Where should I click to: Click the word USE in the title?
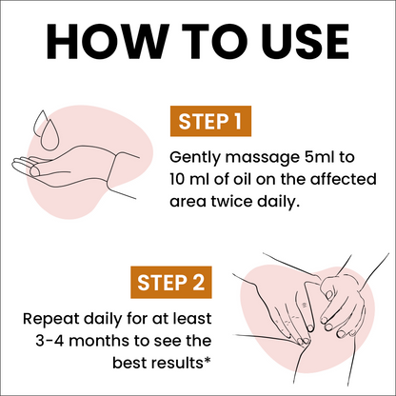[306, 41]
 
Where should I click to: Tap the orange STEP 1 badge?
[210, 121]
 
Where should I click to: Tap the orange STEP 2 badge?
[171, 282]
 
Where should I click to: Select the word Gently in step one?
[195, 158]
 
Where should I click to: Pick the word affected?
[343, 179]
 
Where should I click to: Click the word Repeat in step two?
[50, 319]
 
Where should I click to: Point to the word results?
[181, 363]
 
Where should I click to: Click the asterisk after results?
[208, 360]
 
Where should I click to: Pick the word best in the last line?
[133, 363]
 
